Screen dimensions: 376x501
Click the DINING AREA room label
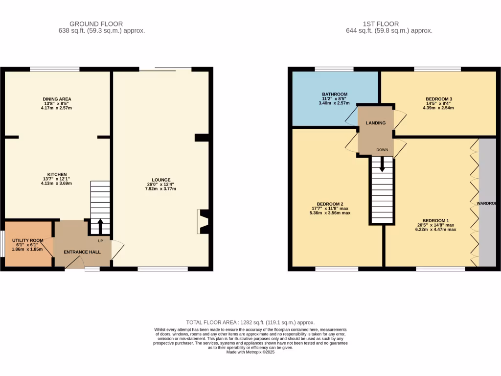click(x=57, y=99)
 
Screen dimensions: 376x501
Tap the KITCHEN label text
click(x=57, y=174)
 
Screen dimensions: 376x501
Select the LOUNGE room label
click(x=161, y=180)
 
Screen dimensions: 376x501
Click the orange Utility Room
click(x=28, y=244)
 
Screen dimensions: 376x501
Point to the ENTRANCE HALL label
click(x=82, y=252)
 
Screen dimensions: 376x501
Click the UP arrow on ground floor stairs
click(x=100, y=227)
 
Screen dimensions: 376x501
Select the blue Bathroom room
click(x=335, y=98)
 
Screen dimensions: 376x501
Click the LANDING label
click(x=376, y=123)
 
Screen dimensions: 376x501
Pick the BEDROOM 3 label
click(x=438, y=99)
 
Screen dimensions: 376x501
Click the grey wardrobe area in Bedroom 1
click(x=487, y=203)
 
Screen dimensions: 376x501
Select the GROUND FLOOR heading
click(x=96, y=23)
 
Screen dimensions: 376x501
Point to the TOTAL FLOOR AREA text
click(x=250, y=323)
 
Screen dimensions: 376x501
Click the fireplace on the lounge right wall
click(x=203, y=221)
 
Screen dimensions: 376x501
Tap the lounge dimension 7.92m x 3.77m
click(x=161, y=189)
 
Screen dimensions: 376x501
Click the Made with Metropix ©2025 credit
click(x=250, y=352)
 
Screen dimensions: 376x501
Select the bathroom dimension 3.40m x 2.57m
click(x=335, y=103)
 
